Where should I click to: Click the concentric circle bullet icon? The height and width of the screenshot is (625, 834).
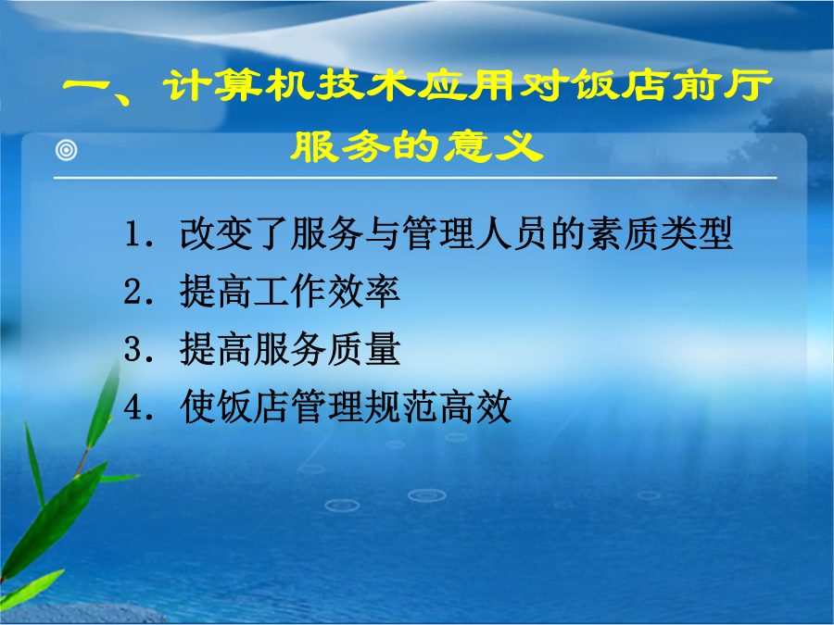[67, 150]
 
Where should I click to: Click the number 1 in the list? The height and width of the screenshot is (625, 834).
[132, 234]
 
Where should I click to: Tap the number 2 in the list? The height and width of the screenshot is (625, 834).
[132, 292]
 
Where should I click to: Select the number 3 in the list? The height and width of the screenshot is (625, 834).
[132, 349]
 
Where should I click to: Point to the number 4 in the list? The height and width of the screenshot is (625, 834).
[132, 406]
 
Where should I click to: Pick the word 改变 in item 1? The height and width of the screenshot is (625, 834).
[216, 234]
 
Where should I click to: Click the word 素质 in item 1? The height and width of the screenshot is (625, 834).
[623, 234]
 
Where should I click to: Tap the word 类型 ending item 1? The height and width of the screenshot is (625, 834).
[696, 234]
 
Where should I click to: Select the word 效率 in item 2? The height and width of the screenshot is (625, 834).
[363, 292]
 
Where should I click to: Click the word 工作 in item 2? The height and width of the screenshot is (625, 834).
[290, 292]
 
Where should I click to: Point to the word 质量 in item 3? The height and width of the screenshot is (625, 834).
[363, 349]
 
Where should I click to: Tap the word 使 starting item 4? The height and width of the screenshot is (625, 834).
[198, 406]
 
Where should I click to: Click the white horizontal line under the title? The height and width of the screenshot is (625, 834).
[415, 178]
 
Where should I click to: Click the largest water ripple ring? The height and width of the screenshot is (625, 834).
[426, 495]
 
